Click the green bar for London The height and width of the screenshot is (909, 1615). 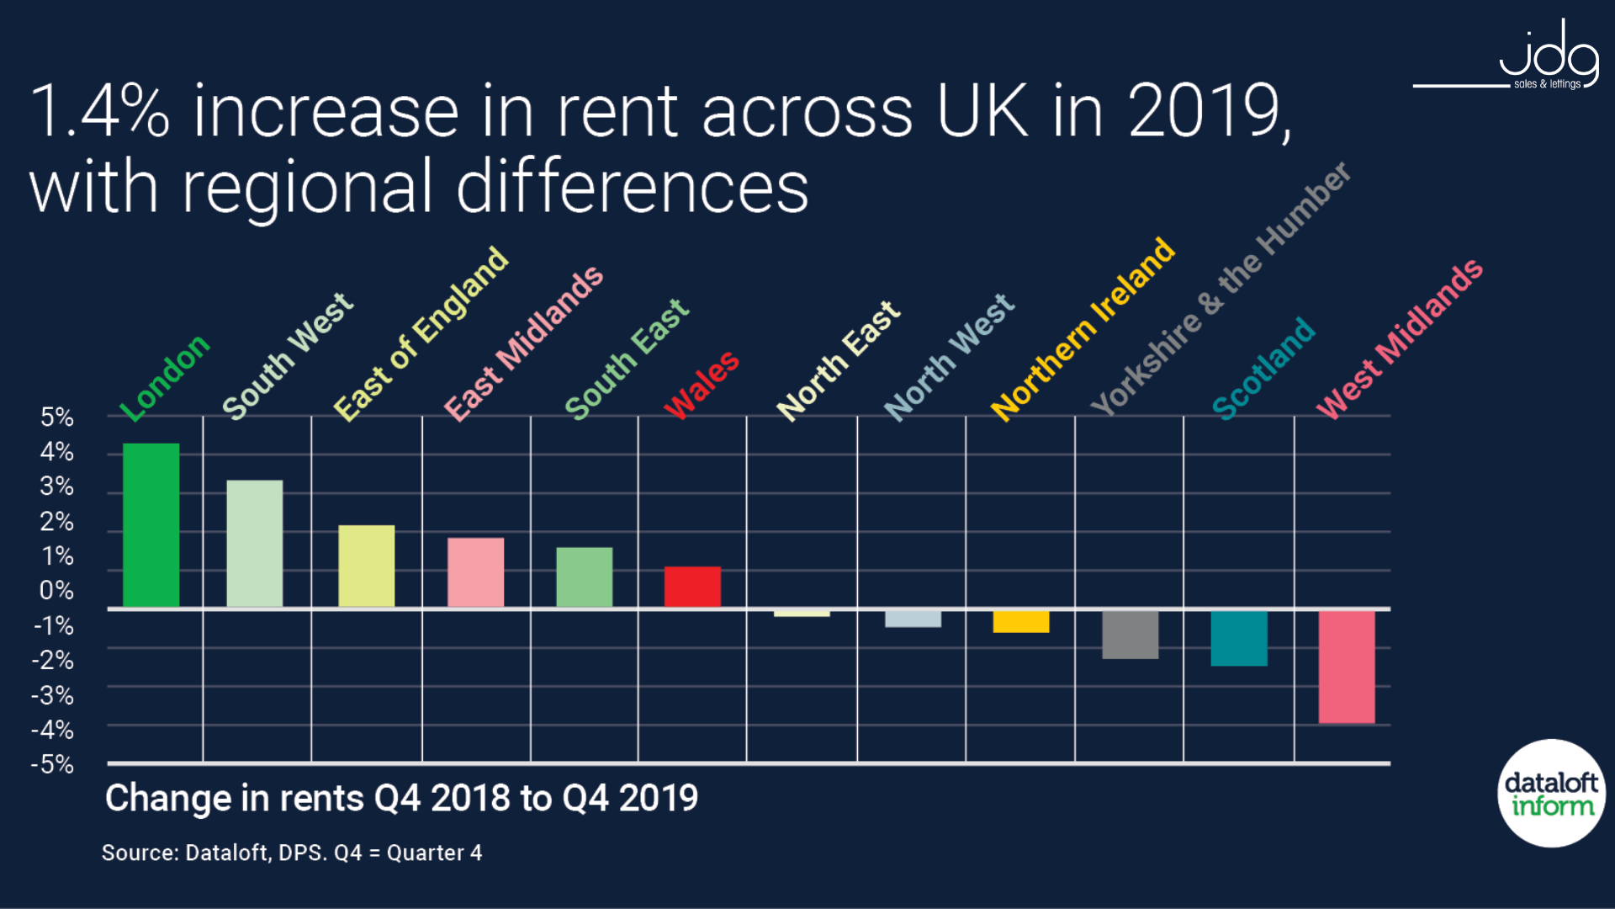[x=151, y=524]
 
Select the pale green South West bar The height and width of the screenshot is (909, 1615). [x=254, y=543]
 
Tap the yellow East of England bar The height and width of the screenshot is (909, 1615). [x=366, y=566]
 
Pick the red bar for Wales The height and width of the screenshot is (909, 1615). [x=692, y=586]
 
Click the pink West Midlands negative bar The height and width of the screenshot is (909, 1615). [x=1346, y=666]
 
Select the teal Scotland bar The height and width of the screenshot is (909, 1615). [x=1238, y=637]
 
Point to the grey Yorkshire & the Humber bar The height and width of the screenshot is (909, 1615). [x=1130, y=634]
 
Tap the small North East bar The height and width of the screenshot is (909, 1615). [x=802, y=613]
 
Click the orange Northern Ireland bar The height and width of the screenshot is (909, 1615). [x=1020, y=621]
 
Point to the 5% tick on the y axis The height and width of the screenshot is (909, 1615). [x=57, y=417]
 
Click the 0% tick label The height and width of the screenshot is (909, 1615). [x=57, y=591]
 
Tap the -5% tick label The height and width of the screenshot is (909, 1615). [x=53, y=765]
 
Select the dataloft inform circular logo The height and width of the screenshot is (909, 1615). [x=1551, y=793]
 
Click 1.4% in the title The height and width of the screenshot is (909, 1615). [x=99, y=112]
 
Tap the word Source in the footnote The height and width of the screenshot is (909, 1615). [x=140, y=853]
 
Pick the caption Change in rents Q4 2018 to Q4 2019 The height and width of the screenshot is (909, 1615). [x=401, y=798]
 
